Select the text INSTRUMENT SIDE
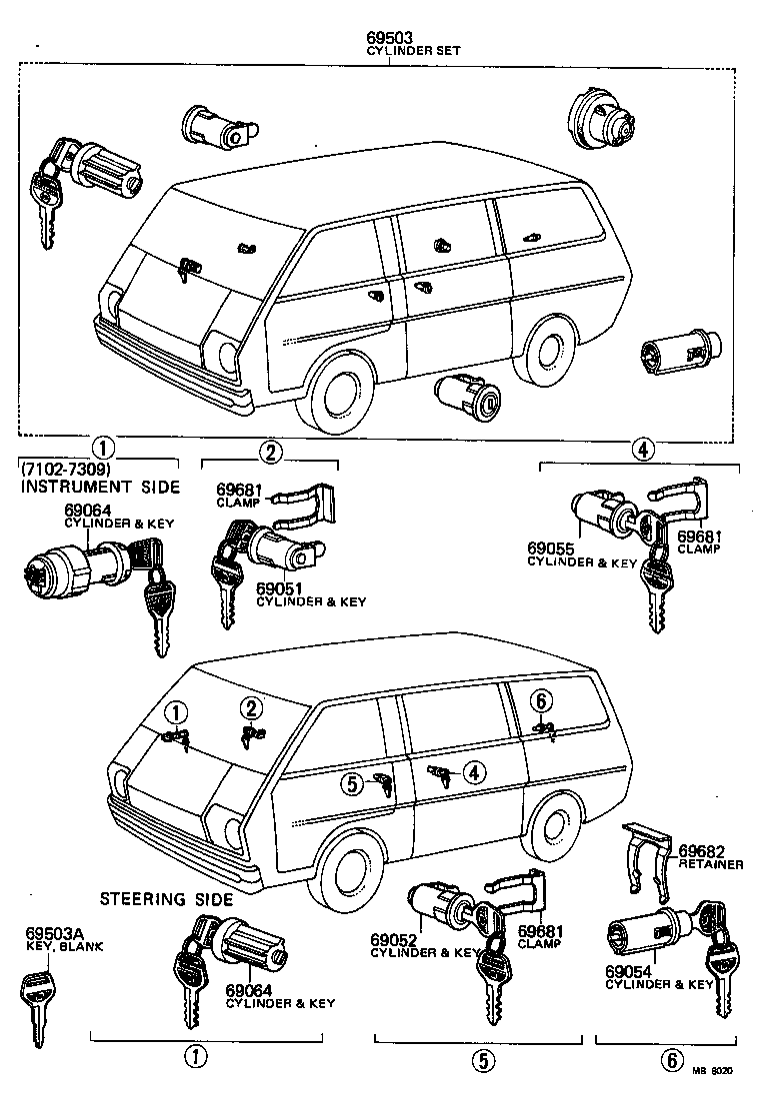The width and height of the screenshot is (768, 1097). [100, 487]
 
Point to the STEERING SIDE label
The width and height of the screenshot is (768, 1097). [157, 898]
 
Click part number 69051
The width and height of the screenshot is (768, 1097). [278, 587]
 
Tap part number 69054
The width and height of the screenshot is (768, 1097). [628, 970]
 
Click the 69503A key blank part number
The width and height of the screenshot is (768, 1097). [51, 933]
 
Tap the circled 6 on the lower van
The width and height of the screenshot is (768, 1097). [539, 698]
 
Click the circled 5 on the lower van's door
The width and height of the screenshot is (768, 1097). [352, 784]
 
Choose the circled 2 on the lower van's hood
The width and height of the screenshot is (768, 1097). [250, 708]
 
